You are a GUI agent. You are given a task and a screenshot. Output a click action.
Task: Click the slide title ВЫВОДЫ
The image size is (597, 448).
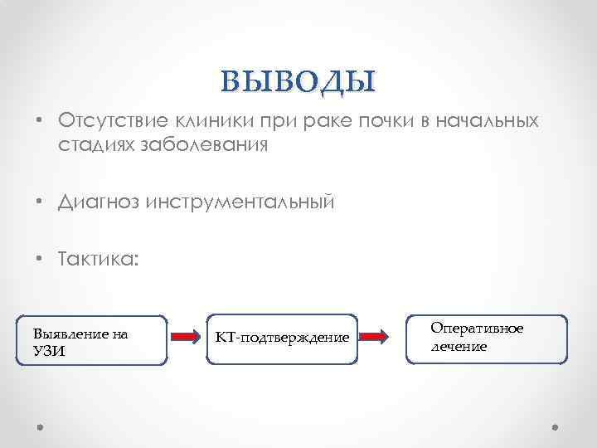click(298, 80)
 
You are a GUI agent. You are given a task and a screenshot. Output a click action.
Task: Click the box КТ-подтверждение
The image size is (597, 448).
click(282, 338)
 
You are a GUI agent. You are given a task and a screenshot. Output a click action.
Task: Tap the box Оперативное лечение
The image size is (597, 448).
click(487, 338)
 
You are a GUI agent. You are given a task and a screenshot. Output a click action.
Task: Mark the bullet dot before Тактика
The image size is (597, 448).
click(41, 260)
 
